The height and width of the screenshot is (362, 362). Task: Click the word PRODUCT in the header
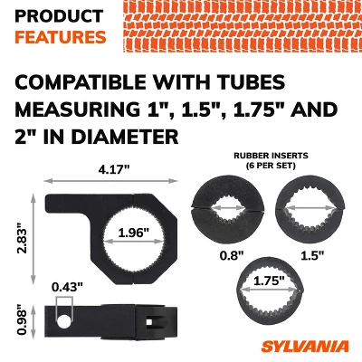59,16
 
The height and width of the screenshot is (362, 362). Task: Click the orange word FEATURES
61,37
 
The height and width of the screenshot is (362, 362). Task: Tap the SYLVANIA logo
305,347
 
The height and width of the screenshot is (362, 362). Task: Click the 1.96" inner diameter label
134,233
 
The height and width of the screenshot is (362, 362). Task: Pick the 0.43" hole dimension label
67,287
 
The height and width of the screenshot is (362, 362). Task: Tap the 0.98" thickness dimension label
23,321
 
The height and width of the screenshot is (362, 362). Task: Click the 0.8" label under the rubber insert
232,256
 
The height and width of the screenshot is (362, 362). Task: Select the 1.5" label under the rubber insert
312,256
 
